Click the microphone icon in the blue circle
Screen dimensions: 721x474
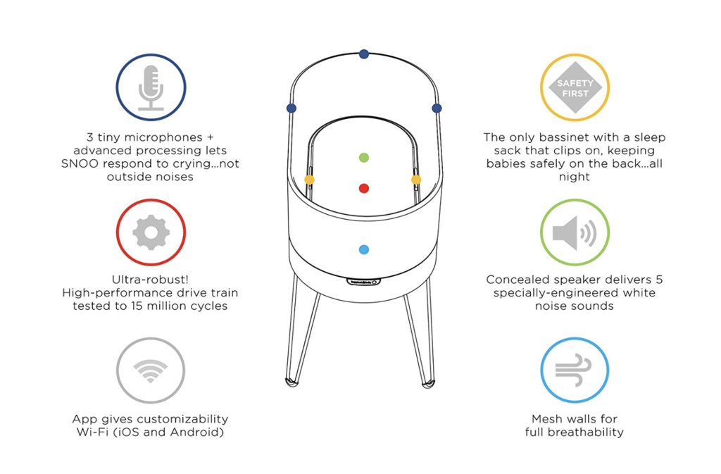[151, 88]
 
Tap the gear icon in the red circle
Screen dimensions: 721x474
[151, 232]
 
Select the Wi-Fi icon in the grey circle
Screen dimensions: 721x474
[151, 370]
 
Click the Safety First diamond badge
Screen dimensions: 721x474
[575, 88]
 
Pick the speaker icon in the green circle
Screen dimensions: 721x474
[575, 233]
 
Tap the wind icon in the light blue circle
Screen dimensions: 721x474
[573, 370]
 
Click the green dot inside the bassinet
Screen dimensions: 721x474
[364, 158]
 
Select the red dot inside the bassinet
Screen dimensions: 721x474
[364, 188]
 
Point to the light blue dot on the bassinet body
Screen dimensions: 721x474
[364, 249]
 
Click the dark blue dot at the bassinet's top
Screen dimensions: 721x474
[364, 54]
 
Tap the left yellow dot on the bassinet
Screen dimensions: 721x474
[310, 180]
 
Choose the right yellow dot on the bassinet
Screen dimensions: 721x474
[416, 180]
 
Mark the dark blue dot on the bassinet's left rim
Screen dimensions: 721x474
[291, 108]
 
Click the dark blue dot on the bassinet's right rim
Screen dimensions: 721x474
[437, 108]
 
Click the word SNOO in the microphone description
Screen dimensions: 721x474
[78, 163]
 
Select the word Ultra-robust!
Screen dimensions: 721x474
[151, 279]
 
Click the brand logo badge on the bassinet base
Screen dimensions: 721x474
[364, 282]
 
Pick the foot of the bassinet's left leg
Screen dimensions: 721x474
[291, 382]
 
